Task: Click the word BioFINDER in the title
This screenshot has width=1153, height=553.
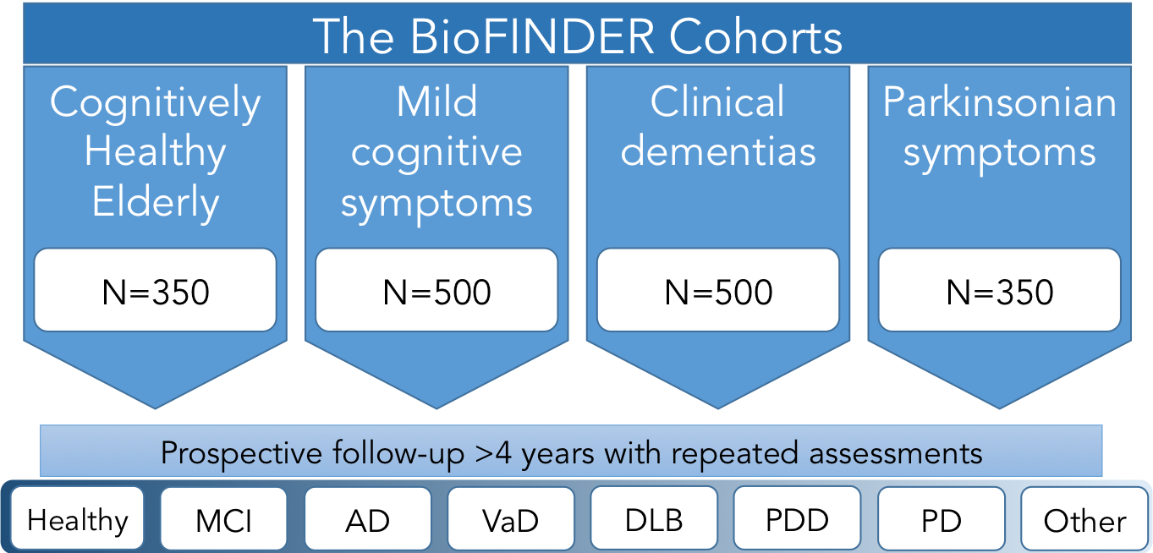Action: [x=532, y=36]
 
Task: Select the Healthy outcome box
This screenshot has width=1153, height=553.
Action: [x=77, y=518]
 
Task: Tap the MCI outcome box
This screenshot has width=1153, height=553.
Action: [x=223, y=518]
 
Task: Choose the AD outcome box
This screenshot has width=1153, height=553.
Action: [x=367, y=518]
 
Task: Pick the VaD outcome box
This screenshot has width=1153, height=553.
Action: [x=511, y=518]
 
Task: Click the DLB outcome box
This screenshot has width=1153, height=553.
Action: [x=654, y=518]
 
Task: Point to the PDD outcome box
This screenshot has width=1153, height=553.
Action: [x=798, y=518]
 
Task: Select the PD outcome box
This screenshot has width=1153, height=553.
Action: [x=942, y=518]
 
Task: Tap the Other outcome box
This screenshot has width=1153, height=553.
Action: [x=1084, y=518]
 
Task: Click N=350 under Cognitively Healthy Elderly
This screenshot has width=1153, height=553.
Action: [x=156, y=293]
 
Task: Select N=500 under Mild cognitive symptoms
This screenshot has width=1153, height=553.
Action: [x=436, y=293]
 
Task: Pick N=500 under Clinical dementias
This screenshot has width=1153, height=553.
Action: [x=718, y=293]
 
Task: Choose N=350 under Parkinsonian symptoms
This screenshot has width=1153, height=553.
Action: [x=1000, y=293]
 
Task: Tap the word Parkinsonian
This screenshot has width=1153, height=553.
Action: [x=1000, y=101]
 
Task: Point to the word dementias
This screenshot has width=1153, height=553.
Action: [x=718, y=151]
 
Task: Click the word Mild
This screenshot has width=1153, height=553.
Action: [x=436, y=101]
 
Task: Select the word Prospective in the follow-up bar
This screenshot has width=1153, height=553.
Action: [x=242, y=453]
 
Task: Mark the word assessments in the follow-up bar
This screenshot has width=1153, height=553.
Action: [x=896, y=454]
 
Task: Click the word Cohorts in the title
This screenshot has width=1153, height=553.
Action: [x=755, y=36]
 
